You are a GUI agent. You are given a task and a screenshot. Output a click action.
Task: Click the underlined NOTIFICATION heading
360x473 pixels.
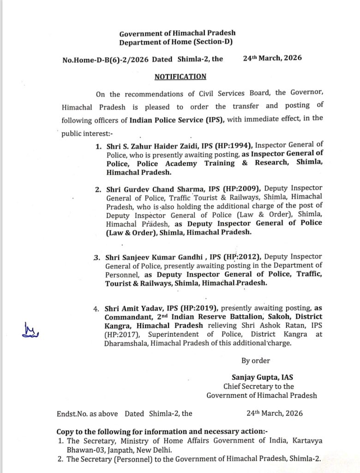(180, 77)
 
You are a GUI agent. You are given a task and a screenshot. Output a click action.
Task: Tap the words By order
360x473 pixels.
(256, 360)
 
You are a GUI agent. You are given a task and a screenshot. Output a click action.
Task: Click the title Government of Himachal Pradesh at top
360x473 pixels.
(177, 33)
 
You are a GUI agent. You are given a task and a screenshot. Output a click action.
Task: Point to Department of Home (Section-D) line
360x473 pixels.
(176, 42)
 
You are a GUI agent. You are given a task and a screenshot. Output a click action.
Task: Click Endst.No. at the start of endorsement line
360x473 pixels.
(71, 414)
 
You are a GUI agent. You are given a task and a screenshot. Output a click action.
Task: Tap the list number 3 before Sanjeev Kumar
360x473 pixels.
(96, 257)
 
